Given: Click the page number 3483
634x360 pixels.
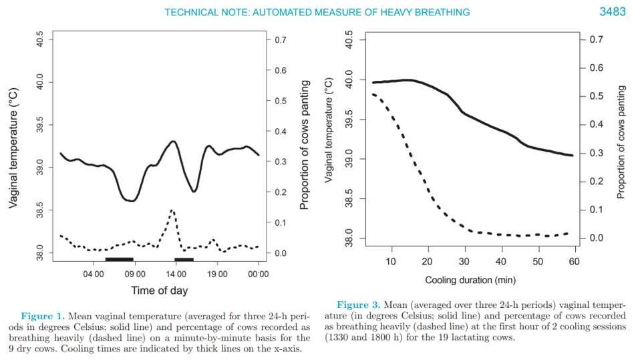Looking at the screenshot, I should [612, 12].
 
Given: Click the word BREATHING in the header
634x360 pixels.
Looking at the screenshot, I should [442, 12].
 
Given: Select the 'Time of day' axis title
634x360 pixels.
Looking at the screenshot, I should [159, 291].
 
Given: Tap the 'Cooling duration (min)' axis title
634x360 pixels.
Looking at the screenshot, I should [470, 281].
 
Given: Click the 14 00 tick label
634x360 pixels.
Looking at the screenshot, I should [176, 274].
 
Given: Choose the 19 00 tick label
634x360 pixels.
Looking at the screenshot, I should [217, 274].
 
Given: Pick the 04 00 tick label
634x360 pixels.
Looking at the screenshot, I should [94, 274].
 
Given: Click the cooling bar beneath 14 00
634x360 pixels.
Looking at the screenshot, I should [184, 258].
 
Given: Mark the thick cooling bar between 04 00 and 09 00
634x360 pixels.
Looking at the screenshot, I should [120, 258].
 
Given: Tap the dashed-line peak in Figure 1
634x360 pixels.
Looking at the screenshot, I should [172, 210].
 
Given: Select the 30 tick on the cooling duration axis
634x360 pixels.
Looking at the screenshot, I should [464, 261].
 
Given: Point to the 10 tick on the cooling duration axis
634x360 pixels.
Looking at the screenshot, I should [391, 261].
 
